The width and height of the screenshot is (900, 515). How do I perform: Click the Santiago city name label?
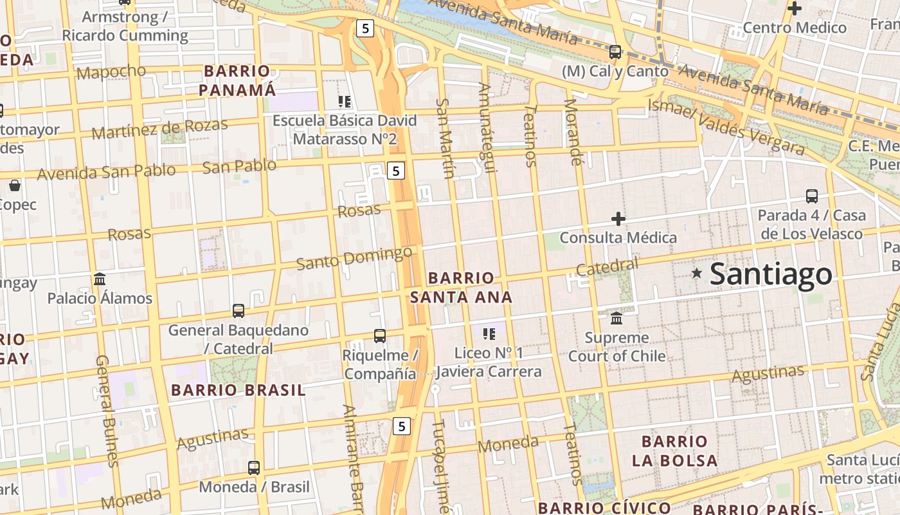click(771, 274)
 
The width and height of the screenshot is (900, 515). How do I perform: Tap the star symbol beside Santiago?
click(696, 273)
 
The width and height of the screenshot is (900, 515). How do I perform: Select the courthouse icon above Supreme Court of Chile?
click(616, 318)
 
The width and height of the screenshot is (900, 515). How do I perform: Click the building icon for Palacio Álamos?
click(100, 279)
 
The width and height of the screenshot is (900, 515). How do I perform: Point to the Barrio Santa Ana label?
click(462, 287)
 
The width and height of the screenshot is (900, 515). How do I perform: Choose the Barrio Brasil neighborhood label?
click(239, 390)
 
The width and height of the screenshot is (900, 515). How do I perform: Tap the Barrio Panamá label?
click(237, 80)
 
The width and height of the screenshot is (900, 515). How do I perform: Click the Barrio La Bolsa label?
click(674, 451)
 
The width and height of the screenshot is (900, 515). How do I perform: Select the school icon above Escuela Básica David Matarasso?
click(345, 101)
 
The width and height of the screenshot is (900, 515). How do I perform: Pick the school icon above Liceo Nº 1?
click(489, 333)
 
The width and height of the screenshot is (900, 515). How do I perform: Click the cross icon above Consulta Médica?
click(618, 219)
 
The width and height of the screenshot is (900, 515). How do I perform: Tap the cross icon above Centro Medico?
click(795, 8)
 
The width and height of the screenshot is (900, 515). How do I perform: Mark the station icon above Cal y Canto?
click(615, 51)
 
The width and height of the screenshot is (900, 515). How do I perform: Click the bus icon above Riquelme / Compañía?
click(380, 335)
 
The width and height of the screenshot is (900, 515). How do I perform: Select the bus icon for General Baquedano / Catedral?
click(239, 311)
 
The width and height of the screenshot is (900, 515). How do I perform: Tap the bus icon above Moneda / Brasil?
click(254, 467)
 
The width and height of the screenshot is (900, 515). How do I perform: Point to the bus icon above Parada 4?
click(812, 196)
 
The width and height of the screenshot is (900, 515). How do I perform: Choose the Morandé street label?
click(573, 132)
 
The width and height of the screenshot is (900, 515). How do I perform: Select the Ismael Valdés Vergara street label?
click(726, 127)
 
